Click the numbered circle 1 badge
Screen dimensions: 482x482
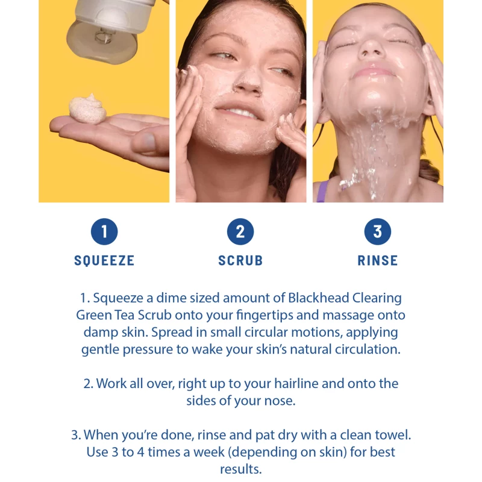pos(104,231)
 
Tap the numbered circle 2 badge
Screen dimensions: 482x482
pos(240,231)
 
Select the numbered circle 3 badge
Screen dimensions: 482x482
pos(378,231)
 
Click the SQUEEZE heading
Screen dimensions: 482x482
pos(104,261)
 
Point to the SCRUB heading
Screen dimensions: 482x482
pos(240,261)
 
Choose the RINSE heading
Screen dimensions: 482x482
pos(378,261)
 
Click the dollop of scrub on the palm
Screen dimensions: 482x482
pos(88,109)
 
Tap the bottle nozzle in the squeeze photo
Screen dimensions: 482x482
pos(104,36)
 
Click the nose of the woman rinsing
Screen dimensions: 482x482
pos(371,49)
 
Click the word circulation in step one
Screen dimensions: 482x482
pos(368,349)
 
